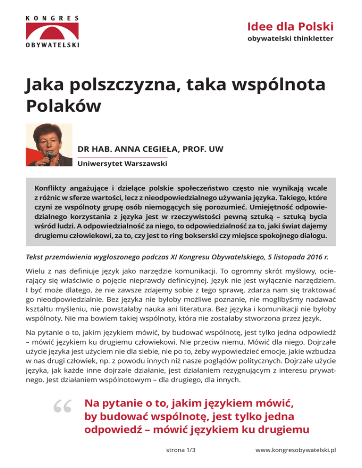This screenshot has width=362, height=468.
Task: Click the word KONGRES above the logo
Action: tap(51, 18)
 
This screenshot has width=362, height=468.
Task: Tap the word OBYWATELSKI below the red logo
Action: tap(51, 45)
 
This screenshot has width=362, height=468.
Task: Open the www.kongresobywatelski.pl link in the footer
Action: tap(295, 450)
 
